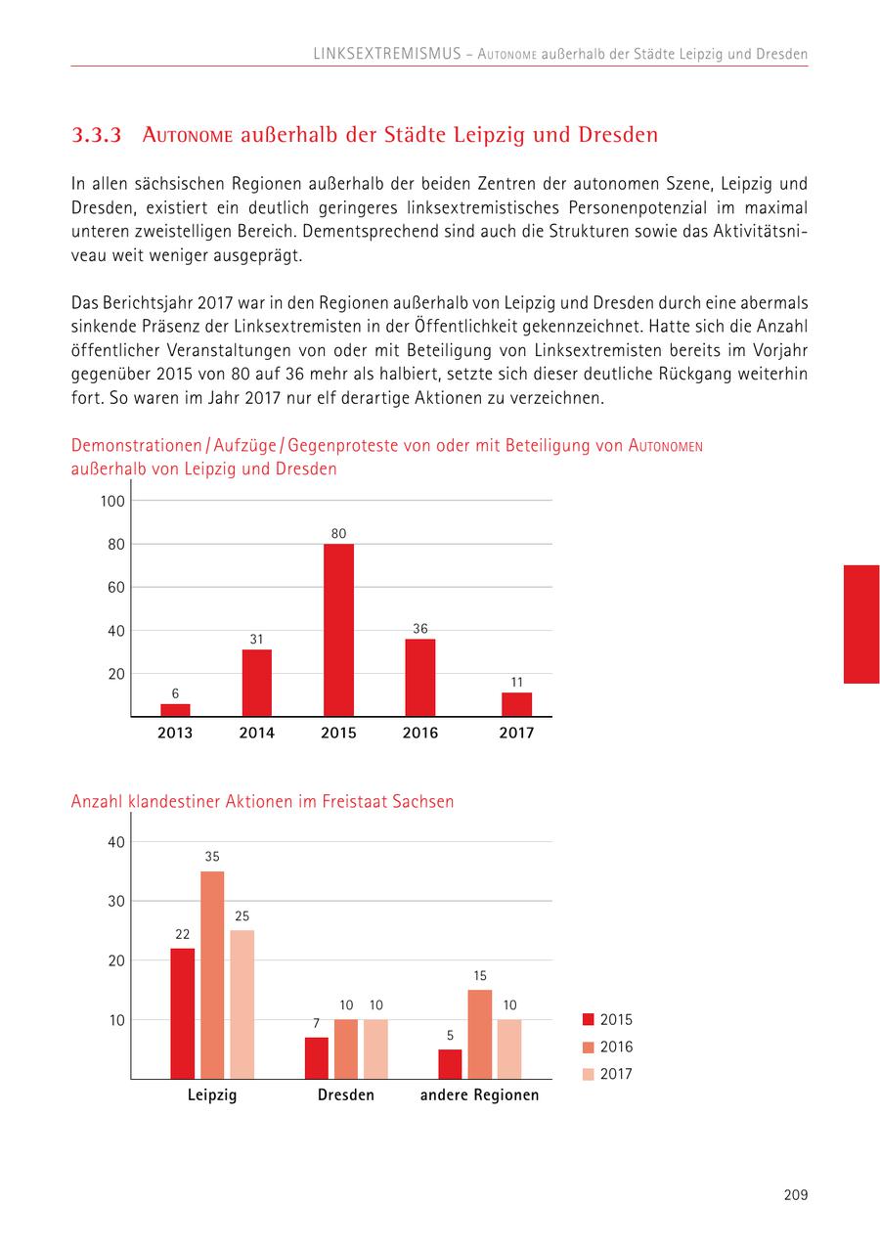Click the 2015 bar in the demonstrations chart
(x=338, y=630)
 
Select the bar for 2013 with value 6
(x=175, y=710)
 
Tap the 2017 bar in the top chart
(x=516, y=704)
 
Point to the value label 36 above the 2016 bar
(x=420, y=629)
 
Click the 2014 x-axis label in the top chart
(x=257, y=733)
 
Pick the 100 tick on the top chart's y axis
(x=112, y=501)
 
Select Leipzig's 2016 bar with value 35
(x=212, y=974)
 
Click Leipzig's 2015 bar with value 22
(x=182, y=1013)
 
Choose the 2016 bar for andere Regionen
(x=479, y=1034)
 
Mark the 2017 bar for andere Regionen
(x=509, y=1048)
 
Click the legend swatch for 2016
(x=588, y=1047)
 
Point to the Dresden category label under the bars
(x=346, y=1095)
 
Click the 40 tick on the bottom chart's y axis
(x=115, y=842)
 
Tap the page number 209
(x=795, y=1194)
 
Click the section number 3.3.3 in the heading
(x=97, y=135)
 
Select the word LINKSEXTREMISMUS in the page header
(x=386, y=54)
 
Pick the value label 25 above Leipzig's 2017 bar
(x=242, y=916)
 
